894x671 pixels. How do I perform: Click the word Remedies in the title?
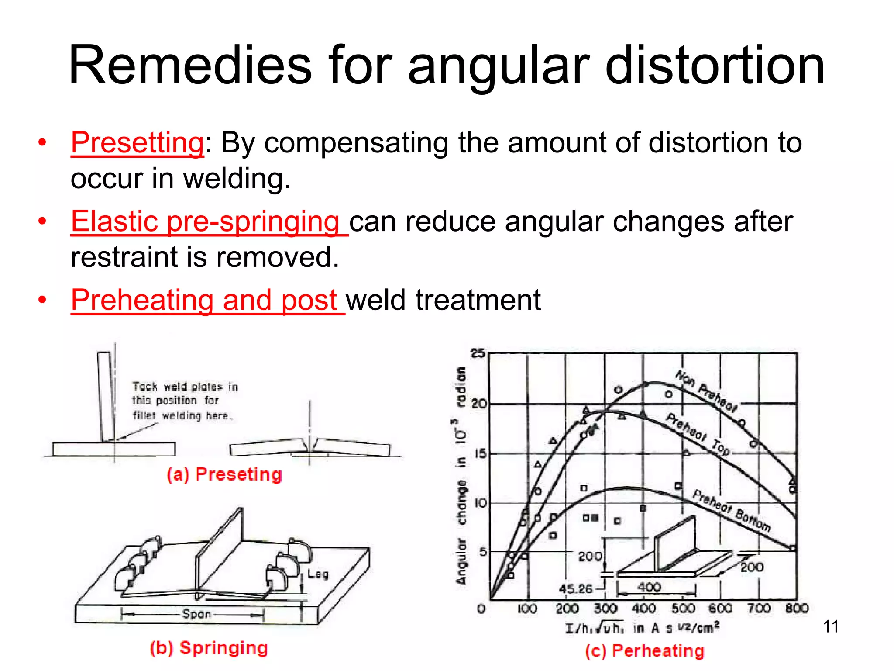coord(190,66)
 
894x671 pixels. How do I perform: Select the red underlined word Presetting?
coord(137,142)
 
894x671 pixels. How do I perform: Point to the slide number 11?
coord(831,626)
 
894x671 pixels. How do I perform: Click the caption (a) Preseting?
coord(224,474)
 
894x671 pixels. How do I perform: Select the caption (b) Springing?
coord(209,648)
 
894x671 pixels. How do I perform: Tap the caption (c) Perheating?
coord(645,650)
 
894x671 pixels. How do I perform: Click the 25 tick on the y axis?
coord(478,353)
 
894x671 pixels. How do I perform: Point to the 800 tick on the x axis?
coord(797,608)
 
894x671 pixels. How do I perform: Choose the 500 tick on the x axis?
coord(683,608)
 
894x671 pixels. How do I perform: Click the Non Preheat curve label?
coord(706,391)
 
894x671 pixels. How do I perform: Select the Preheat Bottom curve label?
coord(732,510)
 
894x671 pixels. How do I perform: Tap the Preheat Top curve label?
coord(697,434)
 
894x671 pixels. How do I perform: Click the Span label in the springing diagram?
coord(196,614)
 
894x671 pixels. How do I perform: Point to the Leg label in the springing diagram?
coord(318,574)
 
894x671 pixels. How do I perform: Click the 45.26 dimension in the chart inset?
coord(576,588)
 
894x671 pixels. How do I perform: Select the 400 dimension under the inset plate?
coord(649,587)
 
